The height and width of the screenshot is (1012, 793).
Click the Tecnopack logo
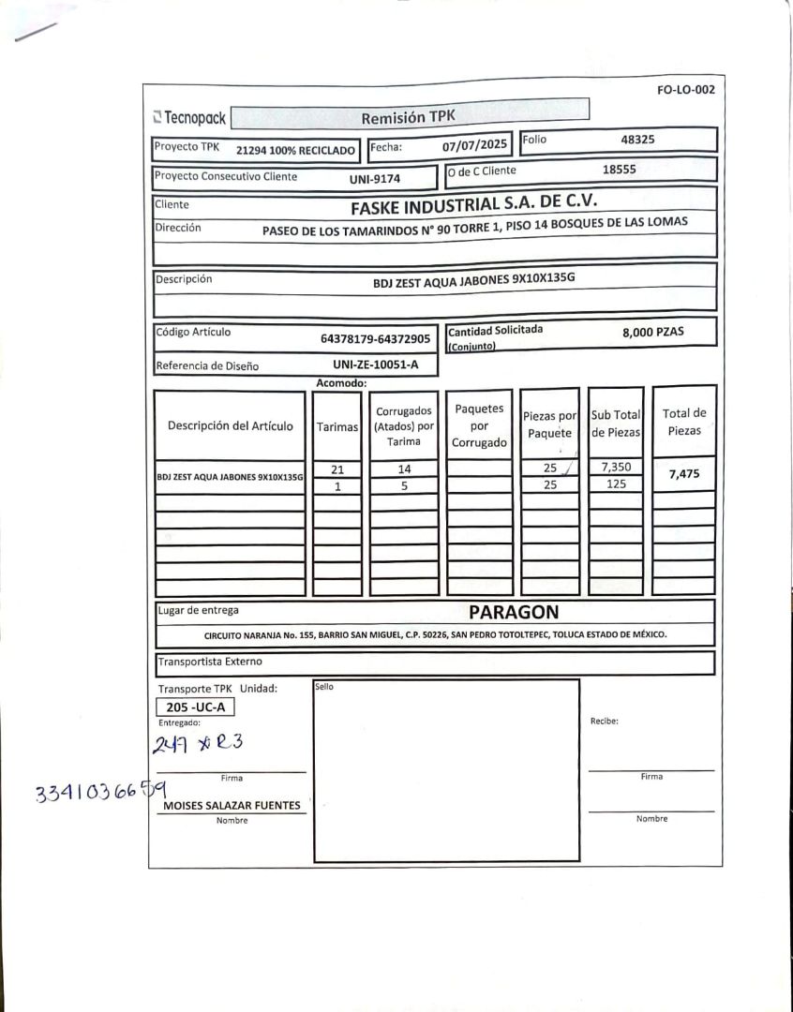pos(189,118)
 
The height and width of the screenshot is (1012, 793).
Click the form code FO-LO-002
pos(686,90)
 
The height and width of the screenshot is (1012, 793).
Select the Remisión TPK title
pos(408,117)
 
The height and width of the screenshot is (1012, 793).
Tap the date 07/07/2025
pos(474,145)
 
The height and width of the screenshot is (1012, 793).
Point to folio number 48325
pos(637,140)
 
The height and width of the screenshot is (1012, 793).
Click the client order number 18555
pos(619,170)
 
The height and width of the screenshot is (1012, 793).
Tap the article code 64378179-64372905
pos(375,338)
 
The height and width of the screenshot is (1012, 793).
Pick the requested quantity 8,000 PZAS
pos(652,332)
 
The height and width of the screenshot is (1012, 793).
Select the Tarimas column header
pos(337,426)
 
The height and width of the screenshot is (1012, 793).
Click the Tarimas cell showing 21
pos(337,469)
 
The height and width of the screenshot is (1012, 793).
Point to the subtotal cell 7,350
pos(616,467)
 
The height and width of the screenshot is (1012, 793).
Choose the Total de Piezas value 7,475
pos(683,474)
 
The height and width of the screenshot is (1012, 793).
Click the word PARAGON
pos(514,613)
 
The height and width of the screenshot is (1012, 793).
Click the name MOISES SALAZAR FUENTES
pos(232,805)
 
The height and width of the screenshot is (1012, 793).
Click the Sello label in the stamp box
pos(323,687)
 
